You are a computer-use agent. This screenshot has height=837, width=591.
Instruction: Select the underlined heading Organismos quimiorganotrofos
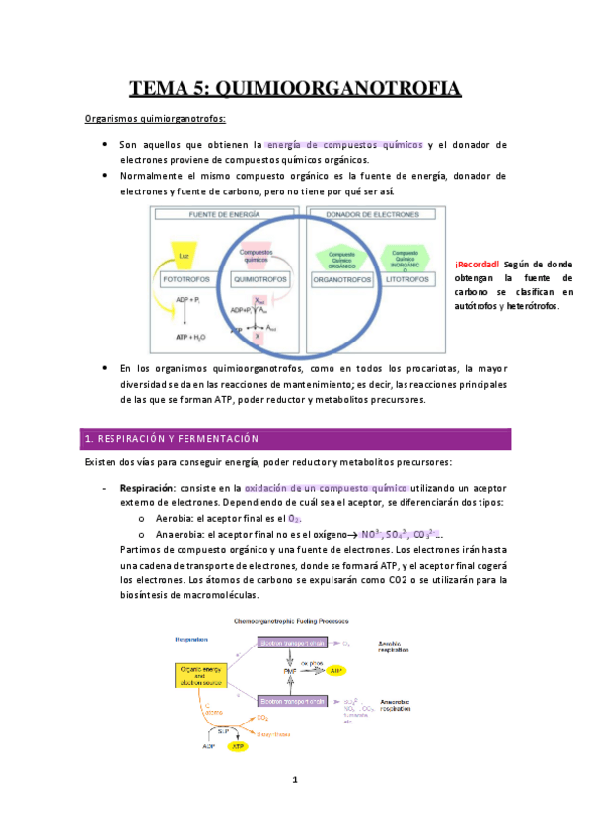click(x=155, y=120)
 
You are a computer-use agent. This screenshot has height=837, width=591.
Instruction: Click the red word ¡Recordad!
click(x=477, y=265)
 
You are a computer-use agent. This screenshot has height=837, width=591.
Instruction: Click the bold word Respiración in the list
click(x=147, y=488)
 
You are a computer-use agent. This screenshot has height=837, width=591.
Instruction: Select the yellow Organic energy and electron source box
click(x=200, y=675)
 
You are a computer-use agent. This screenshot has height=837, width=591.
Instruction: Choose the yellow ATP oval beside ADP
click(x=238, y=747)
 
